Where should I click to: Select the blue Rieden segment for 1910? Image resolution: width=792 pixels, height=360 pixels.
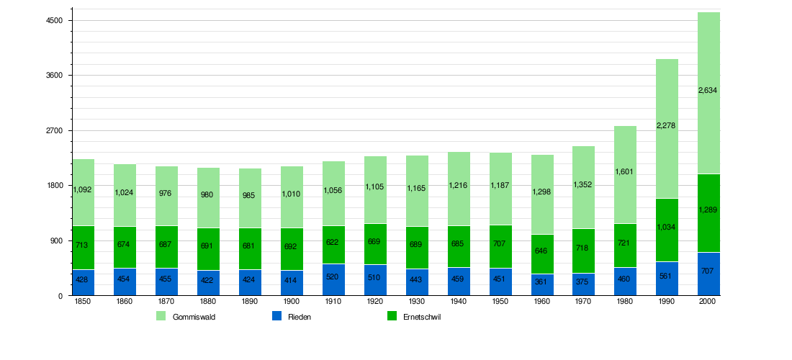tap(333, 279)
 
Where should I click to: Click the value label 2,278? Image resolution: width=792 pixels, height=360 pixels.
tap(667, 126)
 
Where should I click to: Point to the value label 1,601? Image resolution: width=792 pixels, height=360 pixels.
tap(625, 171)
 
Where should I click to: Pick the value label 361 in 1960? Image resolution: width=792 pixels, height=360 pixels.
tap(541, 282)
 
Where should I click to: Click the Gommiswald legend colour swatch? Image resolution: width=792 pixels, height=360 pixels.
tap(161, 317)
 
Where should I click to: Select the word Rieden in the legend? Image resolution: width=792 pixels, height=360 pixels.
tap(300, 318)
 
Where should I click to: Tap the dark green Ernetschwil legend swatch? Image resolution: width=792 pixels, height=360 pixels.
tap(392, 317)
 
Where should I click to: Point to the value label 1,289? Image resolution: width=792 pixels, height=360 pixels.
tap(708, 210)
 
